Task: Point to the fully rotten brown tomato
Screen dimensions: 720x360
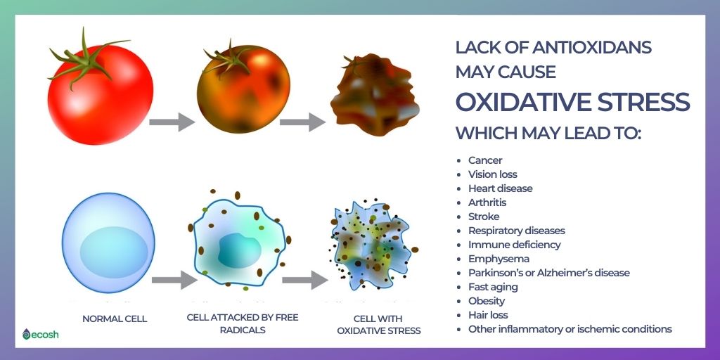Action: (x=375, y=96)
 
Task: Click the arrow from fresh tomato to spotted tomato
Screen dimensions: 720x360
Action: (x=172, y=122)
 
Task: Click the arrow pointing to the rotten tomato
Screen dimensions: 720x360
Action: (x=302, y=122)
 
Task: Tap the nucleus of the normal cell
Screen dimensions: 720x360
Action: (x=113, y=252)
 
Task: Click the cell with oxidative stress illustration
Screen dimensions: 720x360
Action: (x=373, y=245)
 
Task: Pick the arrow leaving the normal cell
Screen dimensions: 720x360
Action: (x=174, y=280)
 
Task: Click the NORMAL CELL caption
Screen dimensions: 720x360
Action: (x=115, y=319)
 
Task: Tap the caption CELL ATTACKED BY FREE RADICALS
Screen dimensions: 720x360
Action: (x=243, y=323)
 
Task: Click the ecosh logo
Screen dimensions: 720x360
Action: (x=40, y=334)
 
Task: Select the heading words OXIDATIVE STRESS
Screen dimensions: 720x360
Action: (x=572, y=102)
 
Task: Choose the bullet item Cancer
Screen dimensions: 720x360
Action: (x=485, y=160)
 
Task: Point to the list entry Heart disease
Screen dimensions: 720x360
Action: (x=500, y=188)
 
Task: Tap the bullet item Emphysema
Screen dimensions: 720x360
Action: (x=499, y=259)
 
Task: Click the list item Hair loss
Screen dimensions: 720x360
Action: (x=488, y=315)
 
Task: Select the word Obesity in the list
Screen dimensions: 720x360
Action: (x=487, y=301)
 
